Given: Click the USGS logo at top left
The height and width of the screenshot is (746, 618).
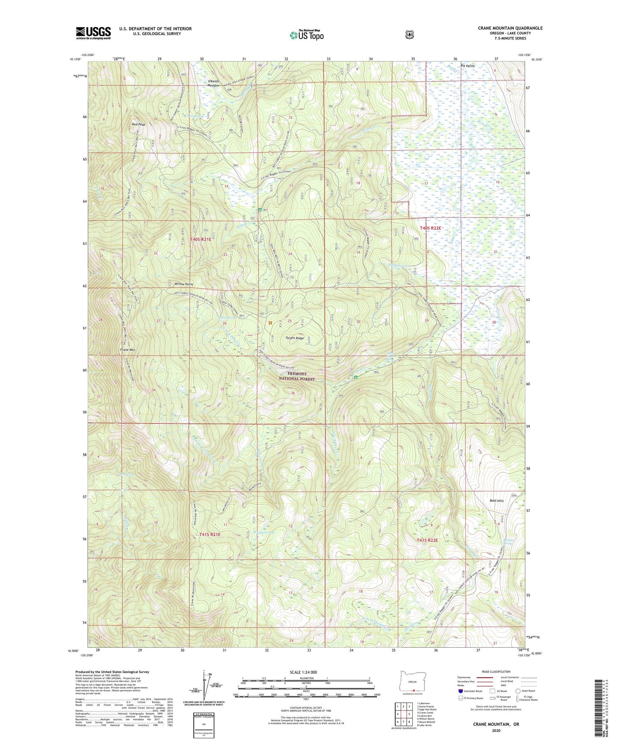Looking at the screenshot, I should pos(93,32).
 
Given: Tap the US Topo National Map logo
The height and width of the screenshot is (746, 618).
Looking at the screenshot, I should pos(306,35).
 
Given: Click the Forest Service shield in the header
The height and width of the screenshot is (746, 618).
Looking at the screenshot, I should pos(410,34).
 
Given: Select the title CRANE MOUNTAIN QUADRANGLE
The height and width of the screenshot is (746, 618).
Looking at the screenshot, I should pos(510,28).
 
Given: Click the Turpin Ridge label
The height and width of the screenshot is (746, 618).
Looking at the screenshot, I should pos(295,338).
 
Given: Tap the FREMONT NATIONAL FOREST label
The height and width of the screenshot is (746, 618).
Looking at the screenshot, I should pos(297,376).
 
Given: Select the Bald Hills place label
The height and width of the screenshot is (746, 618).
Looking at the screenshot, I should pos(497,500).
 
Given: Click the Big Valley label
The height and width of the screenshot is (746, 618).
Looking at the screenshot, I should pos(467,66).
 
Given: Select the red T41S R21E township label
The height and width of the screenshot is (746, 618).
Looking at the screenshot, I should pos(210,535).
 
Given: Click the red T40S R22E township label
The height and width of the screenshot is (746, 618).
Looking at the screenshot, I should pos(430,228).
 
